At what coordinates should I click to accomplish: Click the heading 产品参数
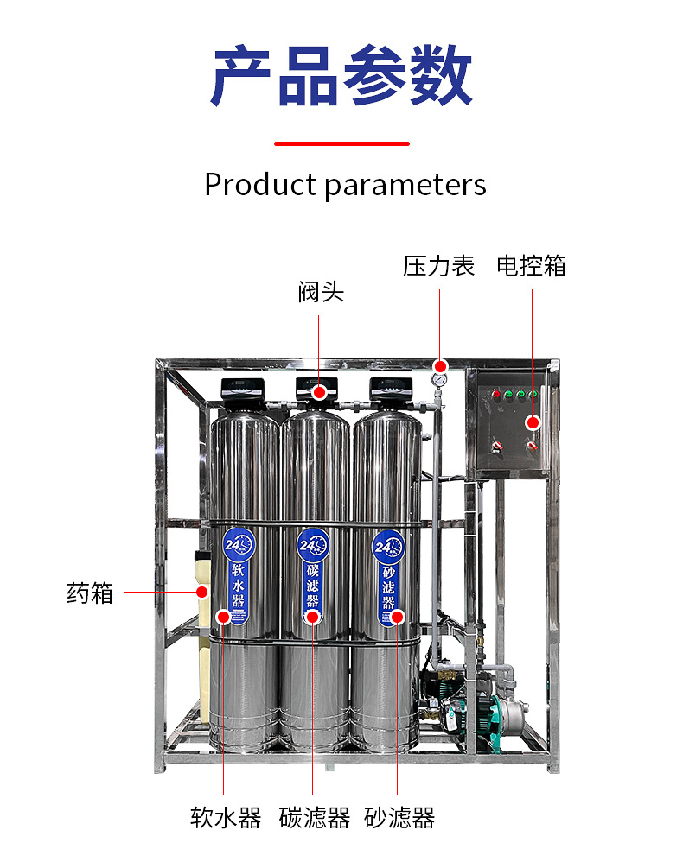[341, 79]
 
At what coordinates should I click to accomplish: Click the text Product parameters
[345, 185]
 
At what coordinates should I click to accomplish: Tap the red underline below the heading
[341, 143]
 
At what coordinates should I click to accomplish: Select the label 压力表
[439, 266]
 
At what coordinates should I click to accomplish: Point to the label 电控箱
[531, 266]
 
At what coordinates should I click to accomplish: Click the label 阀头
[321, 293]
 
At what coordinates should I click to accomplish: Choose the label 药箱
[90, 593]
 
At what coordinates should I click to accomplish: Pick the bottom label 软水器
[226, 818]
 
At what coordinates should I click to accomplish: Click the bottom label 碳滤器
[314, 818]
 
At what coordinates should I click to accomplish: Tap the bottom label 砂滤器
[399, 818]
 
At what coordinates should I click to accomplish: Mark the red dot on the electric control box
[533, 422]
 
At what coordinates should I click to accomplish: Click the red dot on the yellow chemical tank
[201, 592]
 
